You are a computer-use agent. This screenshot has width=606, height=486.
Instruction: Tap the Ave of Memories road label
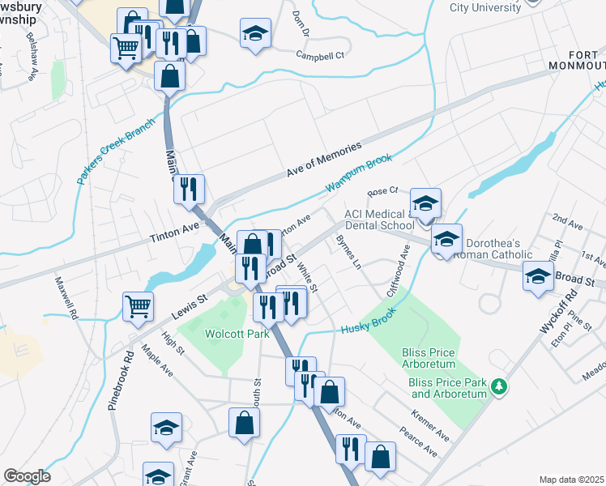coord(322,161)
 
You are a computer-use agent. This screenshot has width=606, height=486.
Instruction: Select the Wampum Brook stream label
coord(359,177)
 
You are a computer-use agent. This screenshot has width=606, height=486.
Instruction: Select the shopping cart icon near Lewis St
coord(138,305)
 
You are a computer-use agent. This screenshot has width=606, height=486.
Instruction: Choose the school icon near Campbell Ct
coord(255,33)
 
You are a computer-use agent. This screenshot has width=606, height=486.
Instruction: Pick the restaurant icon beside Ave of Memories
coord(189,189)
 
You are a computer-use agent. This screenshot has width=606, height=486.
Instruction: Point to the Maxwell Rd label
coord(66,297)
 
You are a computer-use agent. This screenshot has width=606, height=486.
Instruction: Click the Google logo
coord(26,476)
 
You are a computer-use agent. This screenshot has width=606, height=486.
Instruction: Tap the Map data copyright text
coord(571,480)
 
